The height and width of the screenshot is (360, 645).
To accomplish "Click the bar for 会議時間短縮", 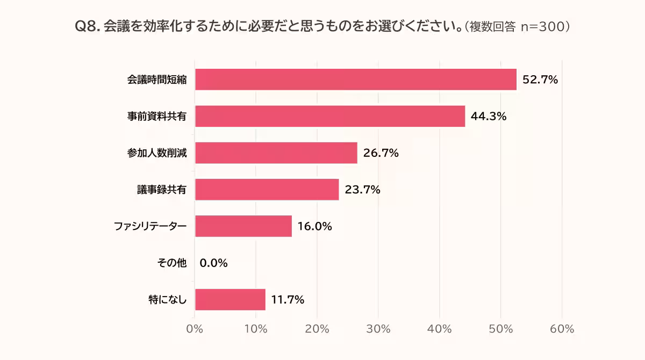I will (x=355, y=80).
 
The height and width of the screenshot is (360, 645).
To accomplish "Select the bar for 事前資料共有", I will (x=329, y=116).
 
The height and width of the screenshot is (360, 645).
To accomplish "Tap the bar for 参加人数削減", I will (x=276, y=153).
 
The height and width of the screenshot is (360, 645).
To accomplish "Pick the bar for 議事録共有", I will (x=267, y=190).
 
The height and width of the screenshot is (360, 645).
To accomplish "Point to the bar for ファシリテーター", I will (x=243, y=226).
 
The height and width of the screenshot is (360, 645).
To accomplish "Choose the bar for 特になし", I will (x=230, y=299).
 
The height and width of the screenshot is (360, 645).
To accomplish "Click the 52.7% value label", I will (x=540, y=80).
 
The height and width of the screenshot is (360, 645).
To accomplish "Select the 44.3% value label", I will (x=489, y=117).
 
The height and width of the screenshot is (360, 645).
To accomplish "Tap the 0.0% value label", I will (x=214, y=263).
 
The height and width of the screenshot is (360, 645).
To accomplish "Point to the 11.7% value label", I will (x=288, y=299).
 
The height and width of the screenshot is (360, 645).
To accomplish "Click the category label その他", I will (x=171, y=263).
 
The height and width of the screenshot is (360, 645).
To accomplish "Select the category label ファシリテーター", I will (x=150, y=226).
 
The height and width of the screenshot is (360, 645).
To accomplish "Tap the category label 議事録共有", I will (x=161, y=190).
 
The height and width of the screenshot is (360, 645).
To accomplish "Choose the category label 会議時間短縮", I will (x=156, y=80).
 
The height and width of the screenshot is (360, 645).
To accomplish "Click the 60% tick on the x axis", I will (x=562, y=329).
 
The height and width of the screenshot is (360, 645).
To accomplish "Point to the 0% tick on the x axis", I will (x=195, y=329).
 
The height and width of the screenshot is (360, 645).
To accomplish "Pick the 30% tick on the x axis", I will (x=378, y=329).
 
